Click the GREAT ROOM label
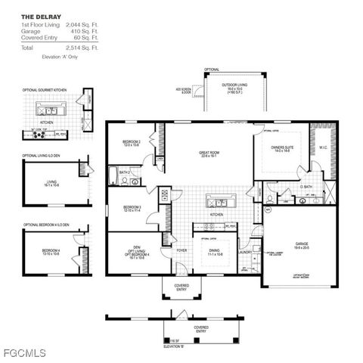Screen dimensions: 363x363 (209, 154)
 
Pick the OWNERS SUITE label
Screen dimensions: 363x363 (282, 149)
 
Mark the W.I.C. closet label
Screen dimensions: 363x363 (323, 147)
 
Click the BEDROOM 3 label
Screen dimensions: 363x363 (133, 208)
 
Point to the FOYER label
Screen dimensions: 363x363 (181, 250)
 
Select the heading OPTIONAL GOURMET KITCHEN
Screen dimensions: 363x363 (45, 90)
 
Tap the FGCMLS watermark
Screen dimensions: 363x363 (24, 353)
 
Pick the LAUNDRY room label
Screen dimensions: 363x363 (246, 252)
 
